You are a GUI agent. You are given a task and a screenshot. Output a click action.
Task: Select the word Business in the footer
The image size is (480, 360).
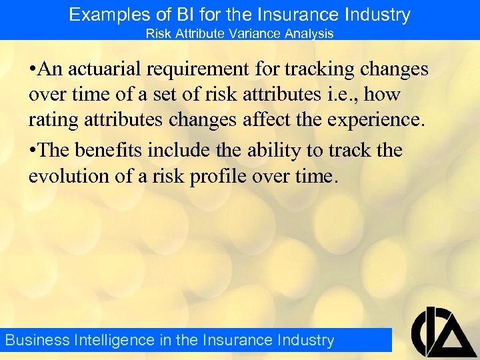click(x=37, y=340)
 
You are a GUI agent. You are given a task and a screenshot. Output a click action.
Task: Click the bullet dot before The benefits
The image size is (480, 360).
click(x=33, y=151)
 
